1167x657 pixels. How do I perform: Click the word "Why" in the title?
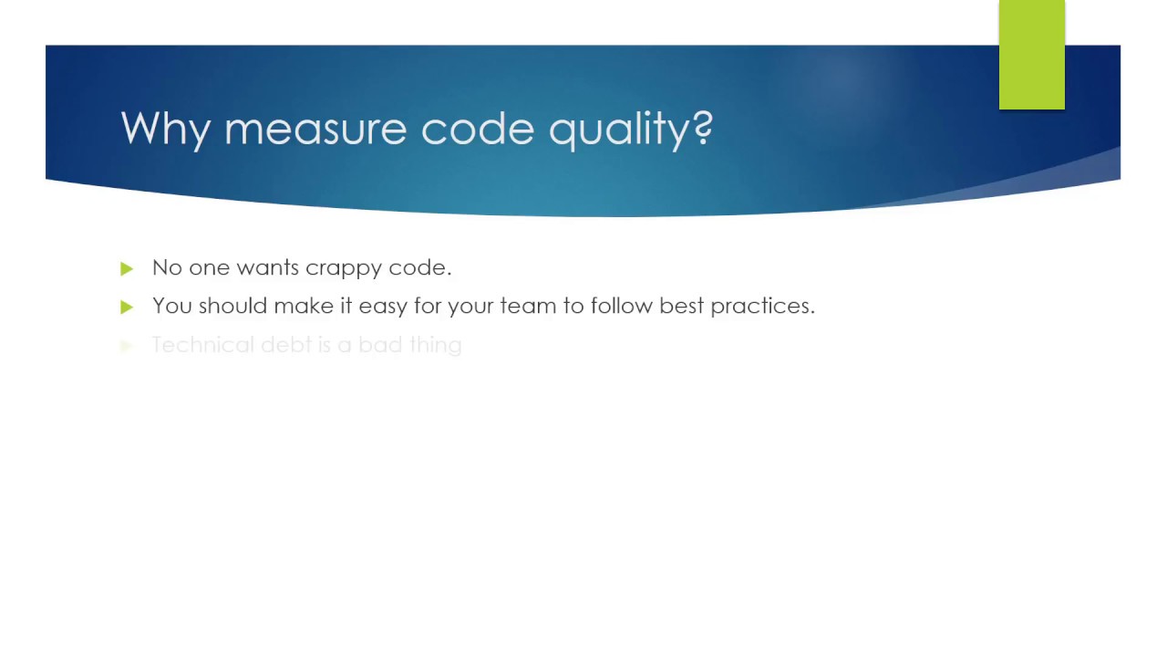tap(166, 129)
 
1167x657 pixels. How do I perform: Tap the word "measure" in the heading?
tap(315, 129)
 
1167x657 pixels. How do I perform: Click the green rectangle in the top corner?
tap(1031, 55)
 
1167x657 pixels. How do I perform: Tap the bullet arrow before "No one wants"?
tap(127, 268)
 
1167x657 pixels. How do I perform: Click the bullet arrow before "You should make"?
tap(127, 307)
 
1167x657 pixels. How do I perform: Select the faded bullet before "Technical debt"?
tap(127, 346)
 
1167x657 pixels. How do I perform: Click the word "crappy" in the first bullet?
tap(343, 268)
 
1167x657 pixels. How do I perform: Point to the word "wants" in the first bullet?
tap(267, 267)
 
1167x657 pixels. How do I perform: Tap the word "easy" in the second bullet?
tap(383, 307)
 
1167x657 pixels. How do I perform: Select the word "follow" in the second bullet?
tap(621, 306)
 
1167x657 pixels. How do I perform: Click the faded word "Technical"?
tap(202, 345)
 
